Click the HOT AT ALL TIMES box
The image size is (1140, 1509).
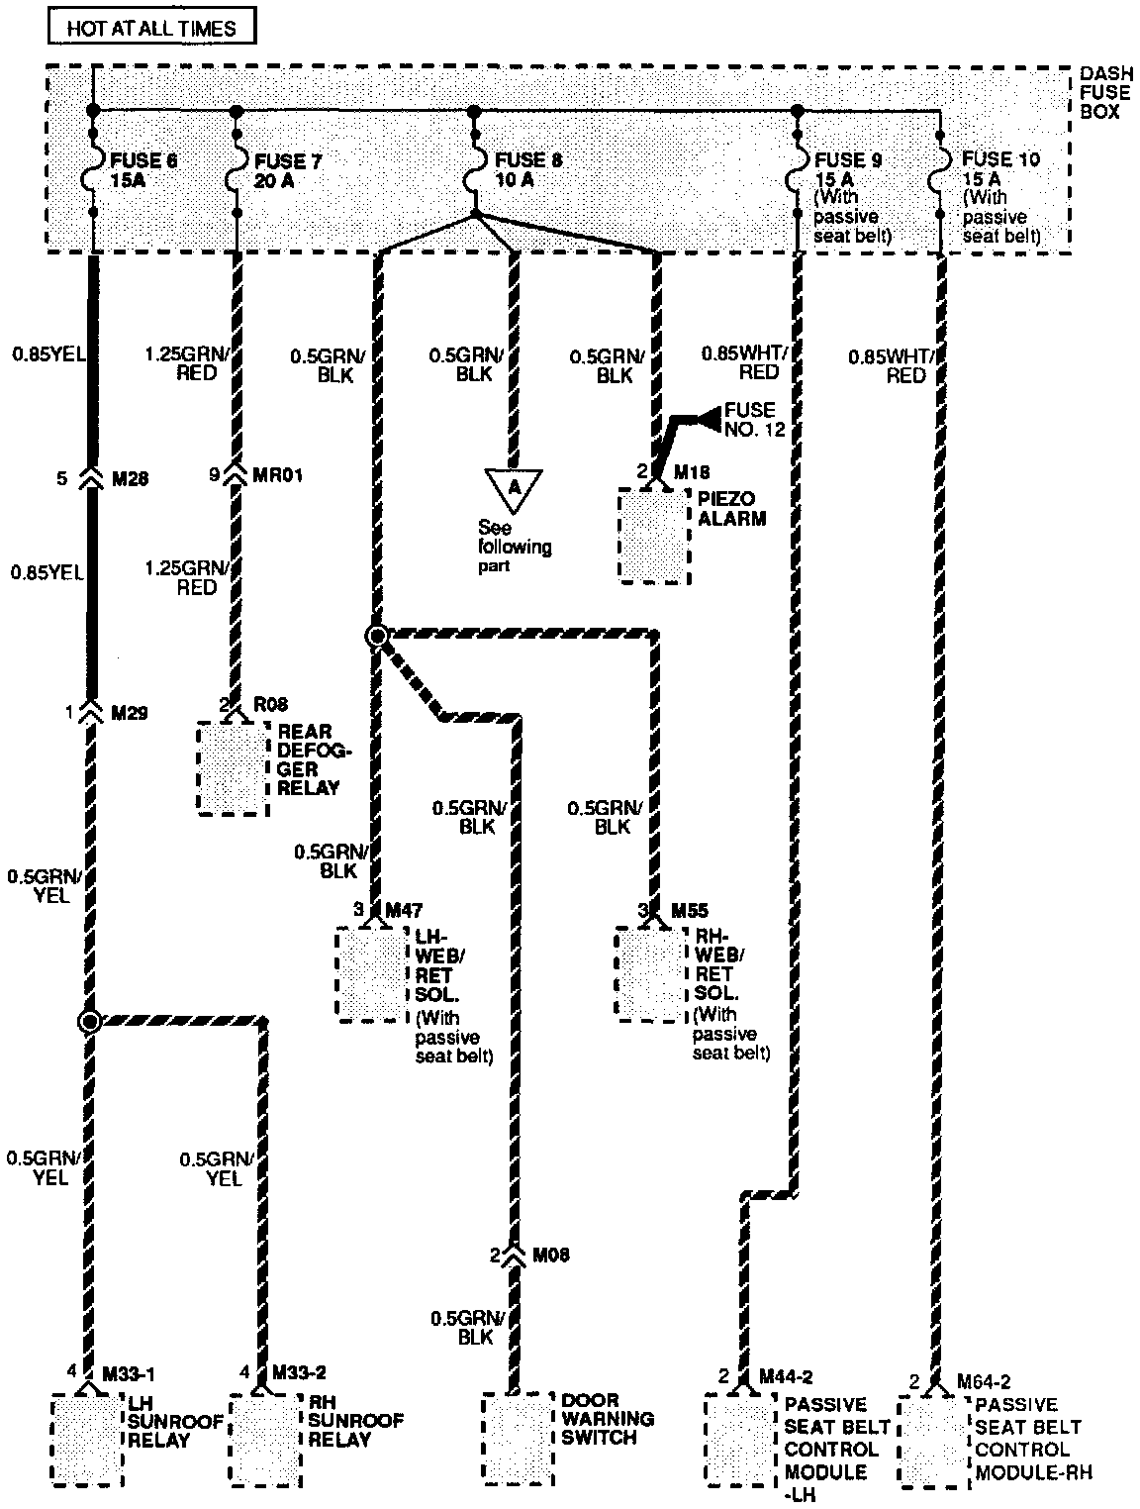[x=151, y=27]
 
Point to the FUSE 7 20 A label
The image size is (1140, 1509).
[x=288, y=169]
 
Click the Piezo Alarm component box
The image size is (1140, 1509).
[x=653, y=535]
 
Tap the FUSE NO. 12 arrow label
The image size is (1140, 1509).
[x=749, y=420]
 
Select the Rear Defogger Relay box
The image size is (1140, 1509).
[x=233, y=768]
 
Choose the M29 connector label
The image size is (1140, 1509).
[x=131, y=712]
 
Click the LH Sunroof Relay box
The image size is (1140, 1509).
[x=87, y=1440]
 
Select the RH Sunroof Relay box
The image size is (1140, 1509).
[x=265, y=1440]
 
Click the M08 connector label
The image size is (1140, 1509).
[x=550, y=1256]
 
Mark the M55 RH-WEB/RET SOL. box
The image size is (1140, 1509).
[x=650, y=974]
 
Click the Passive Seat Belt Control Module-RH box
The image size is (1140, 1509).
[x=933, y=1442]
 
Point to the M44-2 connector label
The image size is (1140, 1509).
[x=786, y=1377]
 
